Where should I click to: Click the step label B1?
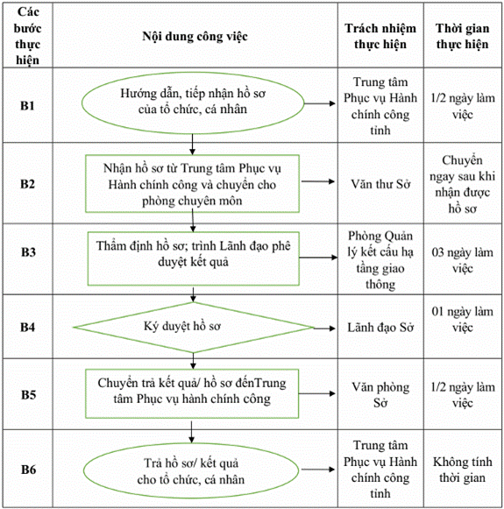[27, 106]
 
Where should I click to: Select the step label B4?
[27, 328]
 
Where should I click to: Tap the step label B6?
[28, 470]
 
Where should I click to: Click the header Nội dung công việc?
[195, 36]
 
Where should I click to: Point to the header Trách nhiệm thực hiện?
[380, 36]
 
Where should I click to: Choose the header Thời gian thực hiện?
[463, 36]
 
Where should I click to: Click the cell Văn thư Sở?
[380, 184]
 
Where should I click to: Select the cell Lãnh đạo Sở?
[380, 328]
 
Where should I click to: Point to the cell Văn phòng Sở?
[380, 395]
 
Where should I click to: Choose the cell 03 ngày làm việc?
[463, 260]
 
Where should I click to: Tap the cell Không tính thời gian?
[463, 470]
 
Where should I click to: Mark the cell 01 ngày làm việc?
[463, 320]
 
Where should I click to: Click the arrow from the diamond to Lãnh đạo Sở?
[324, 329]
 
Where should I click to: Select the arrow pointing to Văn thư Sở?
[318, 181]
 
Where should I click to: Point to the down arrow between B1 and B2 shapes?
[192, 145]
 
